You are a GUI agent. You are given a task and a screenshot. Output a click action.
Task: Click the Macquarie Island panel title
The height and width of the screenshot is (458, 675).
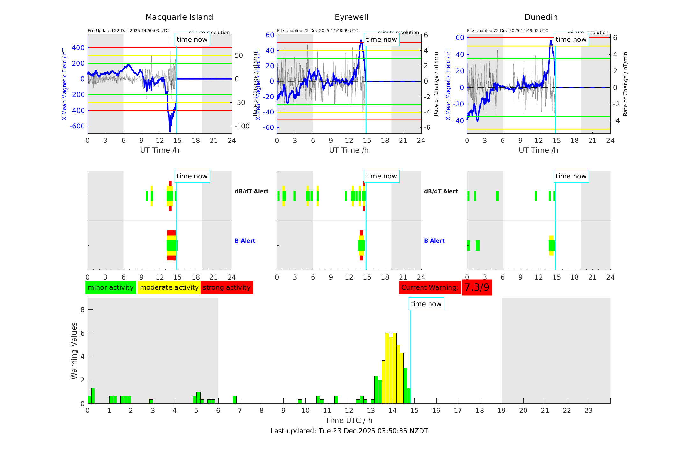(179, 17)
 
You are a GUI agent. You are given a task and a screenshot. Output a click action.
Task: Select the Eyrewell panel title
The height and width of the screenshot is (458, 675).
(351, 17)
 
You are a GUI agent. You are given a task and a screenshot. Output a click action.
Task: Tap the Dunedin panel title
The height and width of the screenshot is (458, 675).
(541, 17)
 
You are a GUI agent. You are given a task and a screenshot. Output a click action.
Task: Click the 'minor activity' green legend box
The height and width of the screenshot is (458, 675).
(111, 287)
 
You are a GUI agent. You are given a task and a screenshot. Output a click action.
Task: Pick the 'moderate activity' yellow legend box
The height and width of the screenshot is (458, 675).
(169, 287)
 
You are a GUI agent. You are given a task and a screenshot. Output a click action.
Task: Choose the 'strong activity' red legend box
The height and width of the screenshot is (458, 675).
(227, 287)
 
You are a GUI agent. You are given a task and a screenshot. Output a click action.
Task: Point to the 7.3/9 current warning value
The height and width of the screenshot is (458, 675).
(477, 287)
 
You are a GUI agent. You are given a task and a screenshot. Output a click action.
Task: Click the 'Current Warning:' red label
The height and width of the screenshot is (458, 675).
(430, 287)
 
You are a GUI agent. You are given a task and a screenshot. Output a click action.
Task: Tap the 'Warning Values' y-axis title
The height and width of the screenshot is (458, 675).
(74, 351)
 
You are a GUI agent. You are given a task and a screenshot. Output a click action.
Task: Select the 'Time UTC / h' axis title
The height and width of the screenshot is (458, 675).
(349, 420)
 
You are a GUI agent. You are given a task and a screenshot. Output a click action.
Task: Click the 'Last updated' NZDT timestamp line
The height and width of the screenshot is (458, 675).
(349, 431)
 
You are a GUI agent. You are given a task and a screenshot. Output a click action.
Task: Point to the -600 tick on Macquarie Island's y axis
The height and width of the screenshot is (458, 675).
(77, 126)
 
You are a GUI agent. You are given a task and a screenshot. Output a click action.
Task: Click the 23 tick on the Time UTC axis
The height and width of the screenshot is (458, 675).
(588, 411)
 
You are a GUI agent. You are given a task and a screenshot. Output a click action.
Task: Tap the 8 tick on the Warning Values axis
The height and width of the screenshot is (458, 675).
(82, 310)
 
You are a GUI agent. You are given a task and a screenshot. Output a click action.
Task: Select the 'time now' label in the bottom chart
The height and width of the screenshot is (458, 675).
(426, 304)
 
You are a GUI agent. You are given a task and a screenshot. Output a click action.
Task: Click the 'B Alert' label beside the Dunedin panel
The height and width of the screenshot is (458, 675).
(434, 241)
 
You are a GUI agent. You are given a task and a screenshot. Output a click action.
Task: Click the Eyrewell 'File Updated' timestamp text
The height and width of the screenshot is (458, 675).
(317, 31)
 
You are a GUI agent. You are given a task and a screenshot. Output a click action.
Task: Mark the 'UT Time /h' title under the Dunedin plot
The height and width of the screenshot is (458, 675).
(538, 150)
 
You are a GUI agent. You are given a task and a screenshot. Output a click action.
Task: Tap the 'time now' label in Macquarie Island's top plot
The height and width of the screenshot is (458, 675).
(192, 40)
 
